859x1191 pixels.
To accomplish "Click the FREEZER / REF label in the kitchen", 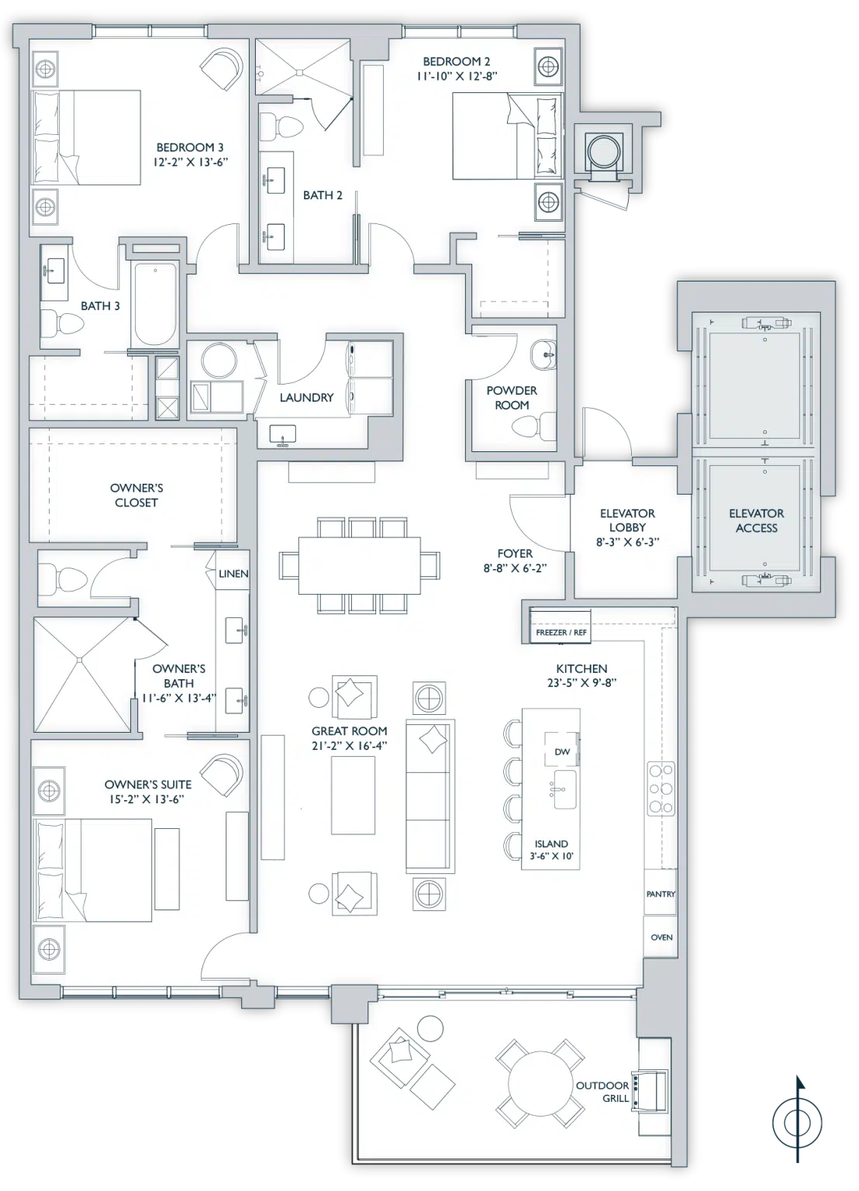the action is tap(561, 632).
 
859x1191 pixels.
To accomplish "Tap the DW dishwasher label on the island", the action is tap(562, 752).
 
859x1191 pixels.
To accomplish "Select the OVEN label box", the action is tap(661, 937).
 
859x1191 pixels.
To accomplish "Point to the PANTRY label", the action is tap(661, 894).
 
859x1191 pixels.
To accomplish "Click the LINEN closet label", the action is tap(233, 574).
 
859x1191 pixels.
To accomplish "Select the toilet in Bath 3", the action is tap(63, 323).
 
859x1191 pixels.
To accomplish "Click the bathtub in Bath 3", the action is tap(155, 305).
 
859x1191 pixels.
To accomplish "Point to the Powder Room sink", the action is tap(543, 354).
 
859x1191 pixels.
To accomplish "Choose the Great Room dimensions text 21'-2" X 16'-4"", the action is tap(349, 746).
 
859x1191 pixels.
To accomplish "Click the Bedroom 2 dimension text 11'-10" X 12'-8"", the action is tap(457, 75).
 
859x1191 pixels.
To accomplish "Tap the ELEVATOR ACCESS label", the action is tap(757, 520).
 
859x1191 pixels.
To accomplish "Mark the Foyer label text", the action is tap(515, 554).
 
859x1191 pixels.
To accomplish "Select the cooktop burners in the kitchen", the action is tap(661, 789).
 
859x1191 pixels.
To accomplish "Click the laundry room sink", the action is tap(283, 435).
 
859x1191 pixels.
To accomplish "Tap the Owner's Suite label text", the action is tap(148, 784).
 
